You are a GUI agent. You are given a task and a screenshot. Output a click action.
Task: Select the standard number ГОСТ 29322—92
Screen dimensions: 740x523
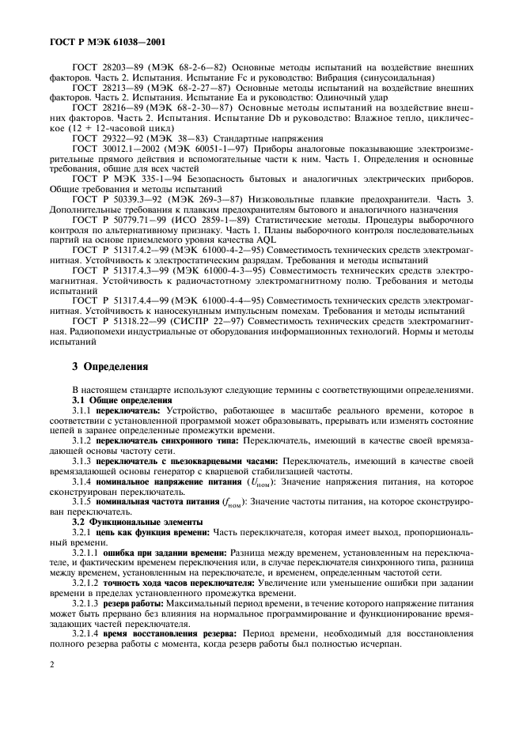99,138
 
